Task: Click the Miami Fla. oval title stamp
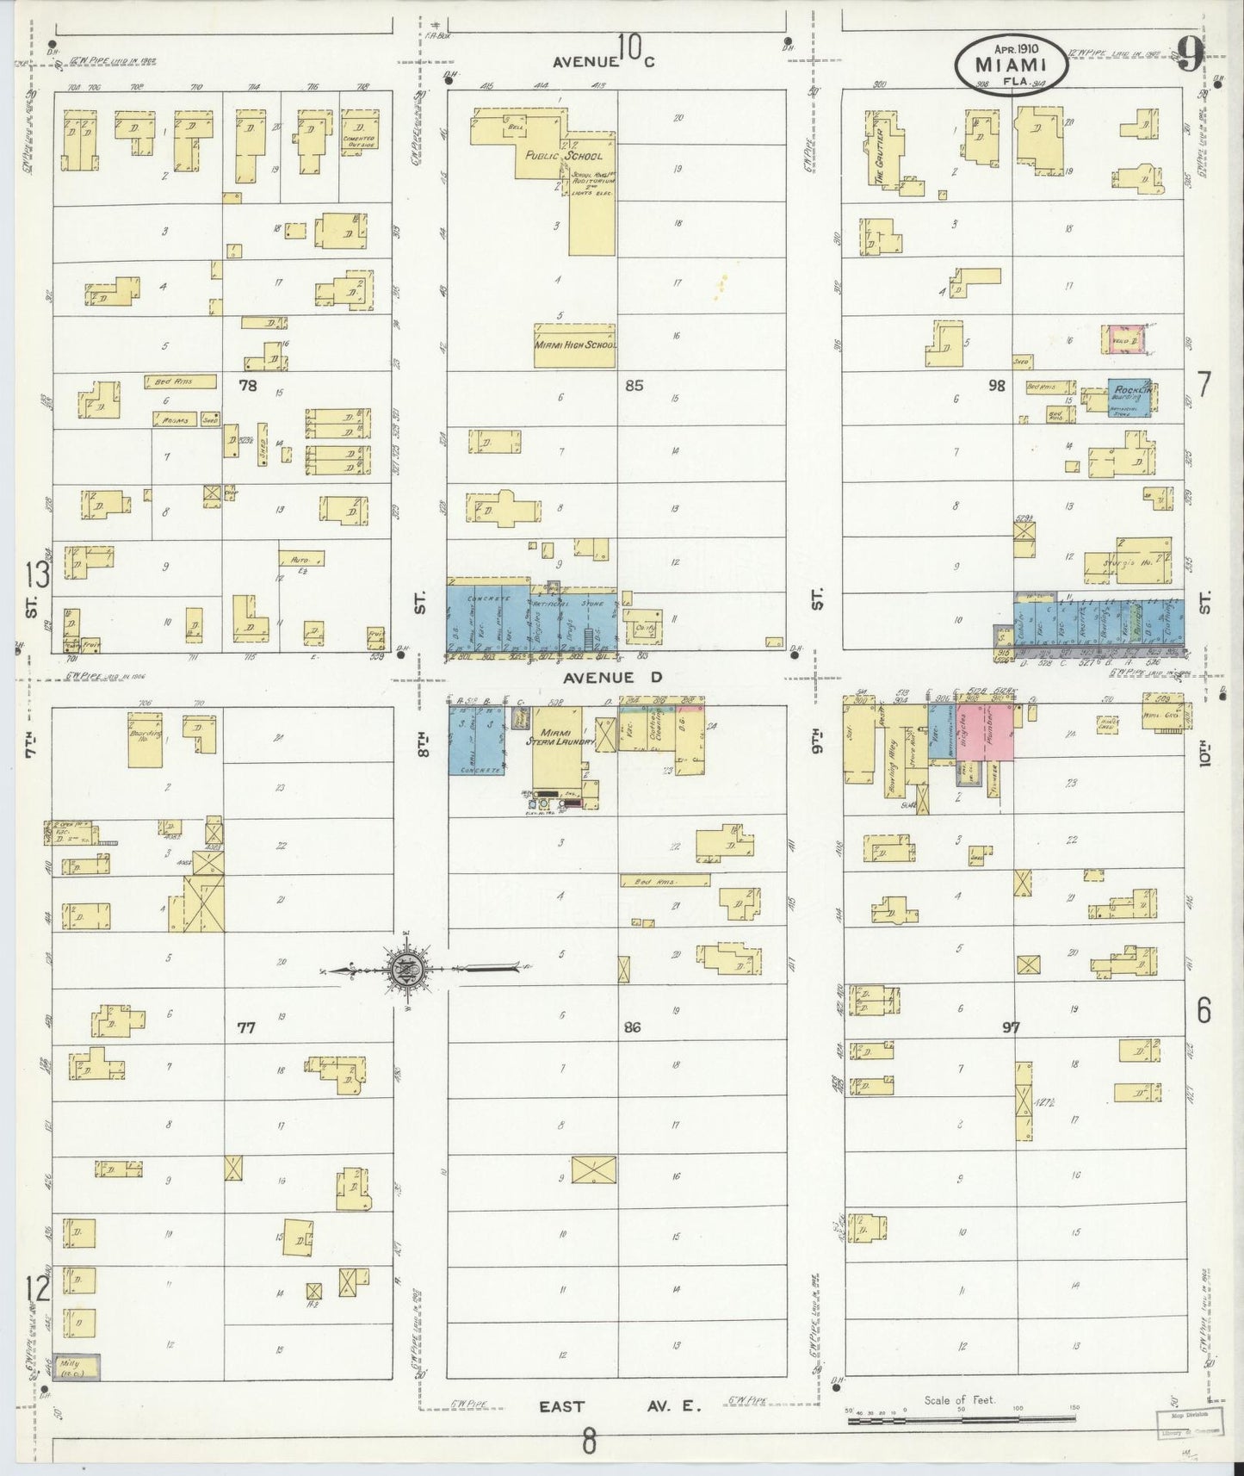[1011, 64]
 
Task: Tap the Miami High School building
[574, 345]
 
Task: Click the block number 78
[248, 386]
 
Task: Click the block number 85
[634, 386]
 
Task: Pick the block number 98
[996, 386]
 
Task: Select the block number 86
[633, 1026]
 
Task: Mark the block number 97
[1011, 1026]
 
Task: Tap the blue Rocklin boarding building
[1130, 398]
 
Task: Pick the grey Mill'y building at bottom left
[76, 1367]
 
